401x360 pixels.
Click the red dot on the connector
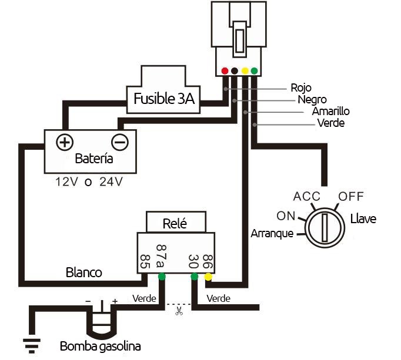pos(225,71)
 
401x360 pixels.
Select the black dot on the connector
pos(235,71)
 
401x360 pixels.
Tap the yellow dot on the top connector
pos(245,71)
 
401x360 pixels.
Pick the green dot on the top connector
pos(254,71)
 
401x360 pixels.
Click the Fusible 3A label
pos(164,99)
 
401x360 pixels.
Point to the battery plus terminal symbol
pos(65,142)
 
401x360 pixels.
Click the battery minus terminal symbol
pos(120,142)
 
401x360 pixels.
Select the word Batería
pos(94,159)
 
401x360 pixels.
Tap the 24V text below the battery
pos(111,181)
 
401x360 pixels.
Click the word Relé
pos(175,224)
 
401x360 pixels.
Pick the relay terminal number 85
pos(145,261)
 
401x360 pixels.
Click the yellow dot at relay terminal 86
pos(208,277)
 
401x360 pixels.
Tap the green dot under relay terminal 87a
pos(162,277)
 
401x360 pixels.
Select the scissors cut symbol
pos(179,311)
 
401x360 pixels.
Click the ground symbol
pos(32,346)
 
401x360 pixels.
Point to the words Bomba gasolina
pos(100,346)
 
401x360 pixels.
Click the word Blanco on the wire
pos(84,272)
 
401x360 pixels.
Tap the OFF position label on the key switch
pos(351,197)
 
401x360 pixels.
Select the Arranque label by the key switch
pos(272,234)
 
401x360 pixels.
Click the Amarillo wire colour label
pos(330,111)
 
